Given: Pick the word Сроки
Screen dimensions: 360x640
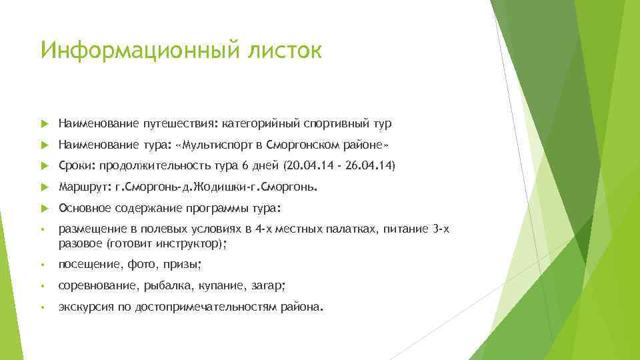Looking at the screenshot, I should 75,165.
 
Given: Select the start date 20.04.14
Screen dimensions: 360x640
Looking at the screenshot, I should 309,165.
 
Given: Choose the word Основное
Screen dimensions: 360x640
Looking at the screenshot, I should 83,207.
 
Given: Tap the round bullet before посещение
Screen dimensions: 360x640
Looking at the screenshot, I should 43,265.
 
